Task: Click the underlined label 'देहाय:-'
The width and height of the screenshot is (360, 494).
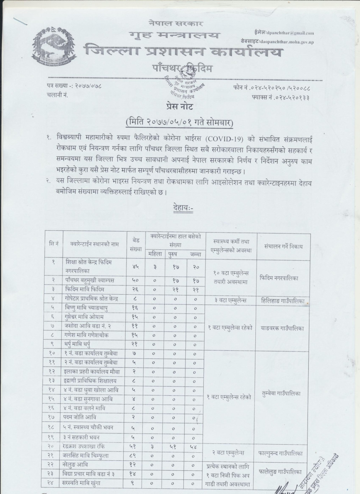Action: tap(183, 208)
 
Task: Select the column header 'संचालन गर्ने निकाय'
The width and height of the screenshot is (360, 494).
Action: tap(283, 246)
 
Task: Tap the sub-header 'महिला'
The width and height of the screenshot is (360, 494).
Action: tap(155, 254)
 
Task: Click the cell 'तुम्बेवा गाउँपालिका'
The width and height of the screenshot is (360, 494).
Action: tap(283, 393)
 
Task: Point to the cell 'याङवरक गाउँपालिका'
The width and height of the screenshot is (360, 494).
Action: tap(283, 328)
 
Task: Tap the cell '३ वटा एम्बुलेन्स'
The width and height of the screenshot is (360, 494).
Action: tap(231, 300)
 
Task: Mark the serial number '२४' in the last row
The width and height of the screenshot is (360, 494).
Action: tap(53, 483)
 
